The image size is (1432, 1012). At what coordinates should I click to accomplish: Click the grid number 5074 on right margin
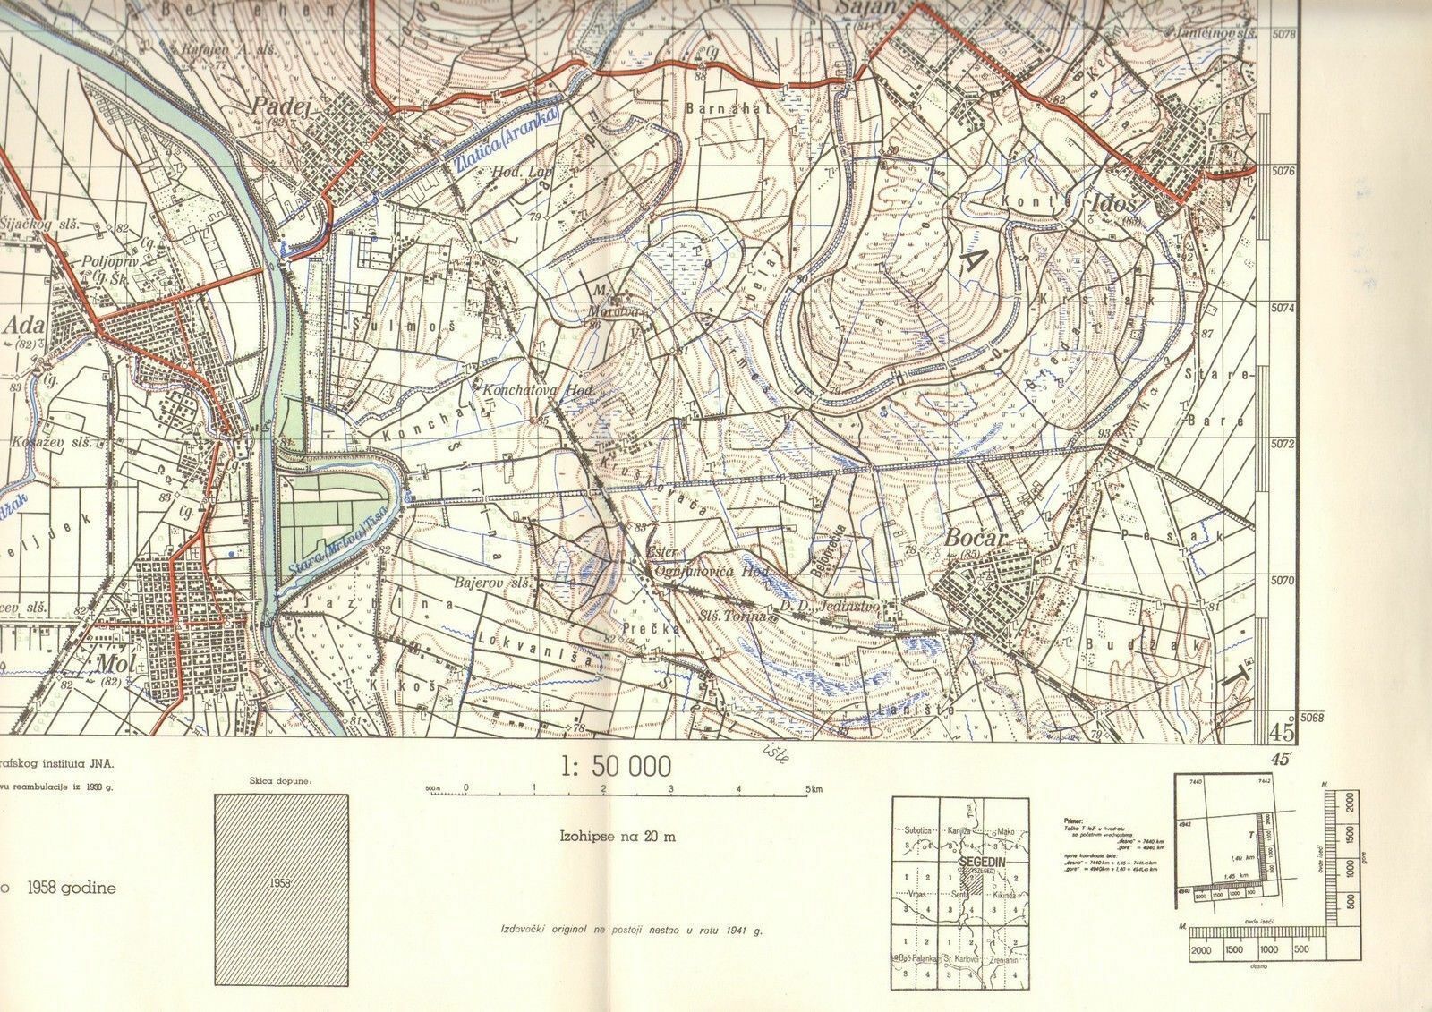1283,308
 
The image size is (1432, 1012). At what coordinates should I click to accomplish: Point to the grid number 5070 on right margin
1283,580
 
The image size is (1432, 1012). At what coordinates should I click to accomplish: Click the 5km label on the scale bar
813,788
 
